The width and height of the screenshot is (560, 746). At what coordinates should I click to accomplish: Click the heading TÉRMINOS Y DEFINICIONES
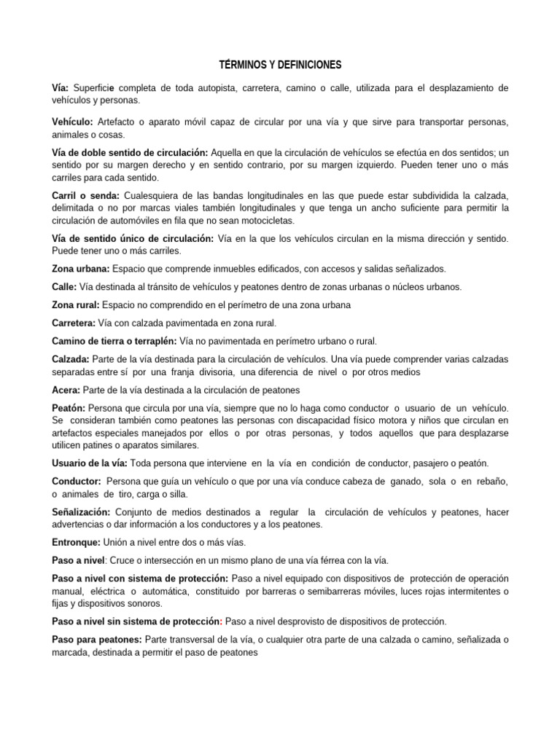click(280, 66)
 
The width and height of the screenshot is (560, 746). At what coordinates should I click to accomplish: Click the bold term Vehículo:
click(72, 122)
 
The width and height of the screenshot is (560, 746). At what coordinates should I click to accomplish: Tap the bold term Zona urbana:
click(80, 269)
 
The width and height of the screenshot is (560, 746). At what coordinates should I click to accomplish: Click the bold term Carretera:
click(74, 323)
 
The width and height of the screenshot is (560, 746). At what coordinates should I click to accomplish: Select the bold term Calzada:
click(71, 359)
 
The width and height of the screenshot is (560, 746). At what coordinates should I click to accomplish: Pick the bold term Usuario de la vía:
click(90, 463)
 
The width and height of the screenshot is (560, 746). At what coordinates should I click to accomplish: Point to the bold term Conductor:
click(76, 482)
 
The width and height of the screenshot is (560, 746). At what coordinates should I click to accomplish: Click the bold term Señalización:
click(81, 512)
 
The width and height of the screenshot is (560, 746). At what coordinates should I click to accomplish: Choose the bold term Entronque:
click(79, 542)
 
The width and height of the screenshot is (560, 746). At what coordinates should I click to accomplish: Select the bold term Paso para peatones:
click(96, 639)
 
